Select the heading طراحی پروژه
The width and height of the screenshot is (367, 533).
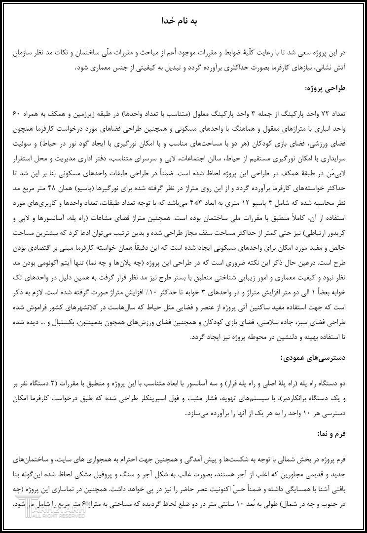point(335,89)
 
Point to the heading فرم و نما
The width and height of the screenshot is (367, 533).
point(341,433)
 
